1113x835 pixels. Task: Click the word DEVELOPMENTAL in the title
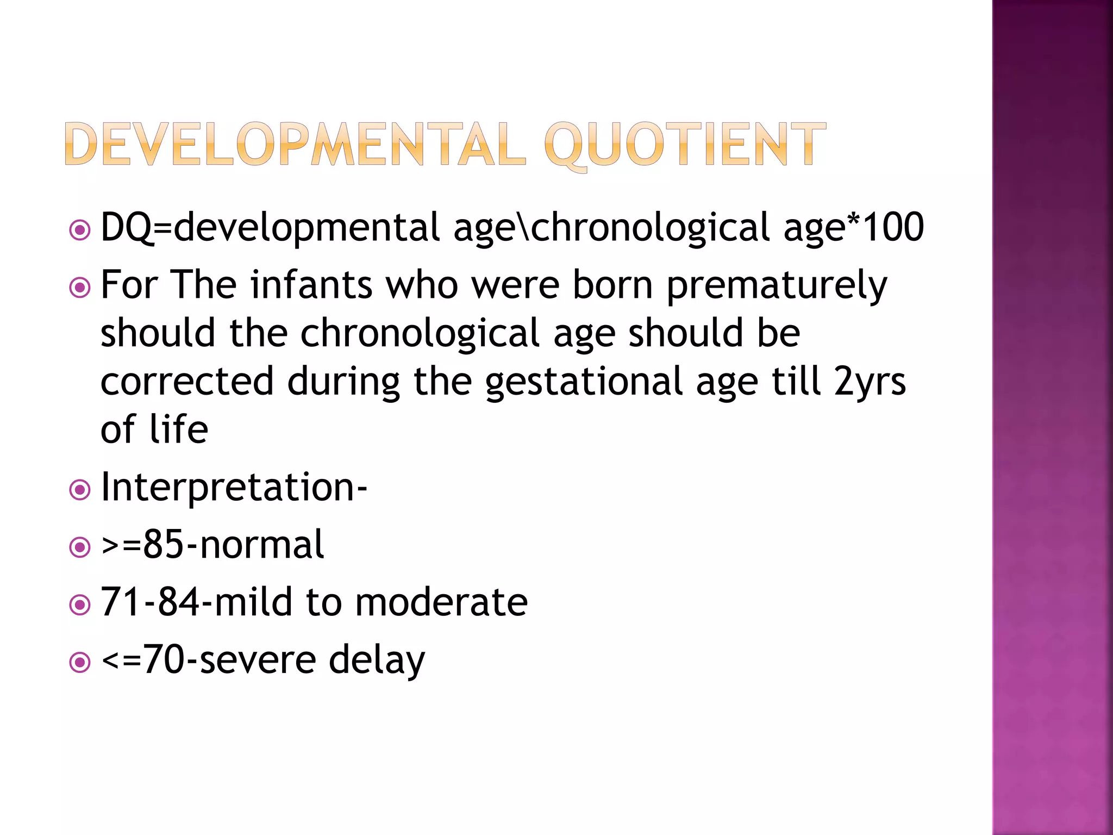tap(295, 144)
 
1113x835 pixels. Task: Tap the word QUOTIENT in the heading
tap(685, 144)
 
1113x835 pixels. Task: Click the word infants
tap(311, 285)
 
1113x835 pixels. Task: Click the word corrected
tap(187, 382)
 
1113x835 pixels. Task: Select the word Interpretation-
tap(234, 488)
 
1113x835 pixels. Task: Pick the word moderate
tap(441, 602)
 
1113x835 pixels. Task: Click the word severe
tap(258, 660)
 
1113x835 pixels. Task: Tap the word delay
tap(377, 661)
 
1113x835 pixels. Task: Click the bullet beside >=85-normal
tap(80, 547)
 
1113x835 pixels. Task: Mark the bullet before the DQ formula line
tap(80, 230)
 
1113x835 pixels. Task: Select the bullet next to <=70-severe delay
tap(80, 663)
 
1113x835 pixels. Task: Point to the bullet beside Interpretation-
tap(80, 490)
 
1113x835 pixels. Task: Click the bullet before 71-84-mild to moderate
tap(80, 605)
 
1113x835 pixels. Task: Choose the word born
tap(612, 285)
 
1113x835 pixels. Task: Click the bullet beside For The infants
tap(80, 288)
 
